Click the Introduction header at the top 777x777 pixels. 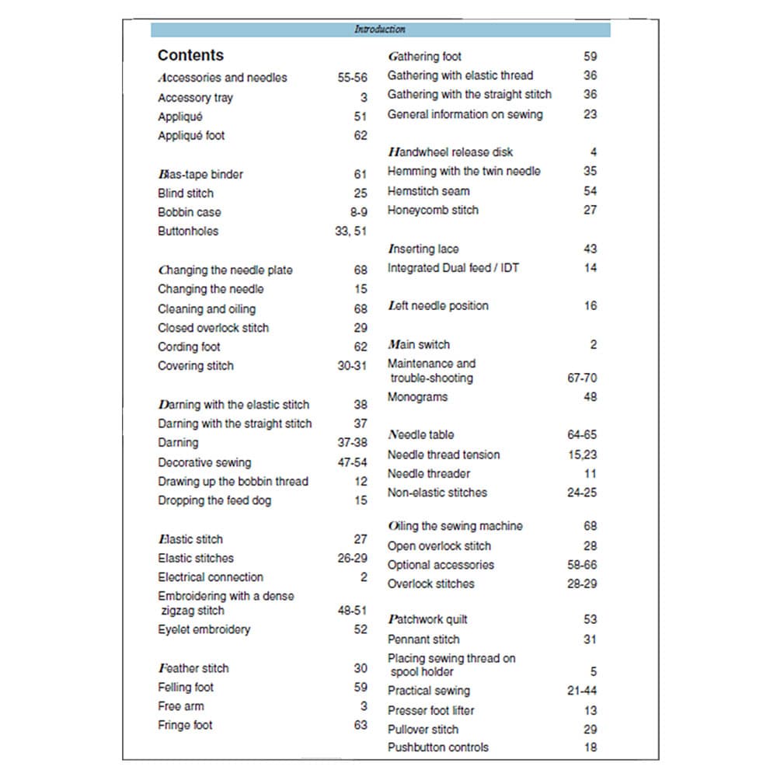(380, 30)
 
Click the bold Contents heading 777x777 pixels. (190, 55)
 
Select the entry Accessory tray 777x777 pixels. (195, 98)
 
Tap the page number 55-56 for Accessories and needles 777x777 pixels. (352, 78)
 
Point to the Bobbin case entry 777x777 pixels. (189, 212)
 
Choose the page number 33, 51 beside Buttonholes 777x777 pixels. (351, 231)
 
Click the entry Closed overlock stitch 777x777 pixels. (213, 328)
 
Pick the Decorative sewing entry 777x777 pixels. (204, 462)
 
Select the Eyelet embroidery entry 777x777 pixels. (204, 629)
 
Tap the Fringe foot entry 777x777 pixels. (185, 725)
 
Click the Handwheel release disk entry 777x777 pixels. (450, 152)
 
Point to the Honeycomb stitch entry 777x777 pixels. (433, 210)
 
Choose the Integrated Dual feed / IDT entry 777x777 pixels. (453, 268)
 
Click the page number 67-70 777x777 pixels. (582, 378)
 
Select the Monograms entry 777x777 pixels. (417, 397)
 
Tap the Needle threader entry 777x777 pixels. (429, 473)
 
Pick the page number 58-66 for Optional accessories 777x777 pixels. (582, 565)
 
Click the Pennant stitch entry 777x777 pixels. (423, 639)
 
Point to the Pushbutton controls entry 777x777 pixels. (438, 747)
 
